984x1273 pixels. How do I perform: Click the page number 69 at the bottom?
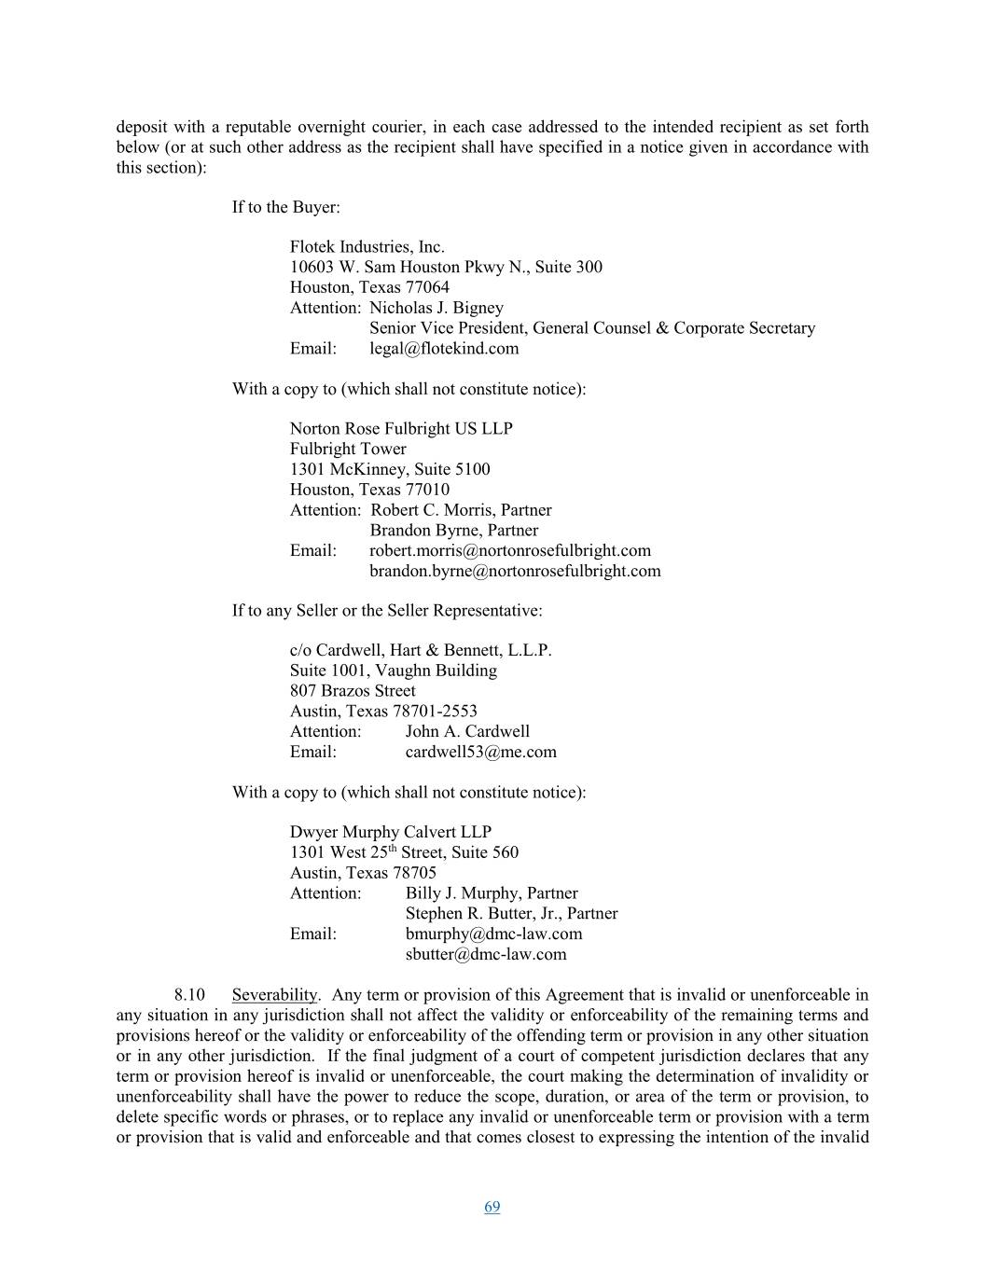(492, 1207)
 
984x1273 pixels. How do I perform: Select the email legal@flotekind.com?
(443, 349)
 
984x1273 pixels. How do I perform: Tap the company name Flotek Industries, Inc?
(367, 247)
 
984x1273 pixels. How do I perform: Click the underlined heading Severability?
(274, 995)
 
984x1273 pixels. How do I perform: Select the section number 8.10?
(189, 995)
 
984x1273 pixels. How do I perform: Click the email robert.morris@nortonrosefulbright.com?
(509, 551)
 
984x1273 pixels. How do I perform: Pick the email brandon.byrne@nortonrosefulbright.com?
(514, 571)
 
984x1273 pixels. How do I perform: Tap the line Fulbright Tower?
(348, 450)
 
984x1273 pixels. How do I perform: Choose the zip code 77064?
(427, 287)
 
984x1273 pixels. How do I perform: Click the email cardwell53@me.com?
(480, 752)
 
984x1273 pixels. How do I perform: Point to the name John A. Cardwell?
(467, 732)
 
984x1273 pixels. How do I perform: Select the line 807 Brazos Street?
(353, 691)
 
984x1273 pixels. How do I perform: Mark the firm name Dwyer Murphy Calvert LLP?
(390, 832)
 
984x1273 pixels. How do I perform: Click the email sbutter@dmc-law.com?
(485, 954)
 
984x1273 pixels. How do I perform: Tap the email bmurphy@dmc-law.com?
(493, 934)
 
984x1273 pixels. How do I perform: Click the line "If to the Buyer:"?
(285, 207)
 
